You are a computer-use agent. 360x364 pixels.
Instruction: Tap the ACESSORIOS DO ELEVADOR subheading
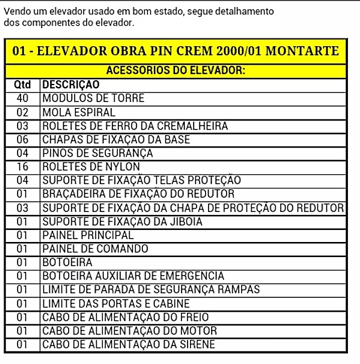tap(175, 70)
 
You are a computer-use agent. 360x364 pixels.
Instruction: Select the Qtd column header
tap(22, 84)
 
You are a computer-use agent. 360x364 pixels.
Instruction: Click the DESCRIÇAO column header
tap(71, 84)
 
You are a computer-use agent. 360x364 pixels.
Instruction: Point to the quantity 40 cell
tap(22, 98)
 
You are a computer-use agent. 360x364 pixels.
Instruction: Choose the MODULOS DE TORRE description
tap(93, 98)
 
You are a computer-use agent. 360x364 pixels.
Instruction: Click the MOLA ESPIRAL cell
tap(79, 112)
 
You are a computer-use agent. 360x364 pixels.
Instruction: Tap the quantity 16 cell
tap(22, 166)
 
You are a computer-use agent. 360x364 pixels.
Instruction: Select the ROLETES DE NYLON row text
tap(91, 166)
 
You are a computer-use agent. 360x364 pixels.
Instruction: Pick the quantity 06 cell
tap(22, 139)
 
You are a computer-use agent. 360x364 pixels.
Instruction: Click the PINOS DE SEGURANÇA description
tap(97, 153)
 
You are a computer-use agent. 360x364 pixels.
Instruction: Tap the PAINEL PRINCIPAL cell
tap(88, 235)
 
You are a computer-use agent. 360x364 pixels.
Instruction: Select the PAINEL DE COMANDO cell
tap(95, 249)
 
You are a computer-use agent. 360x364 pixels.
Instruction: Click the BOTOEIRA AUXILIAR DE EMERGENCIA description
tap(133, 276)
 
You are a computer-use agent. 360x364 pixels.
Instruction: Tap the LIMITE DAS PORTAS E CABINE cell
tap(116, 303)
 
